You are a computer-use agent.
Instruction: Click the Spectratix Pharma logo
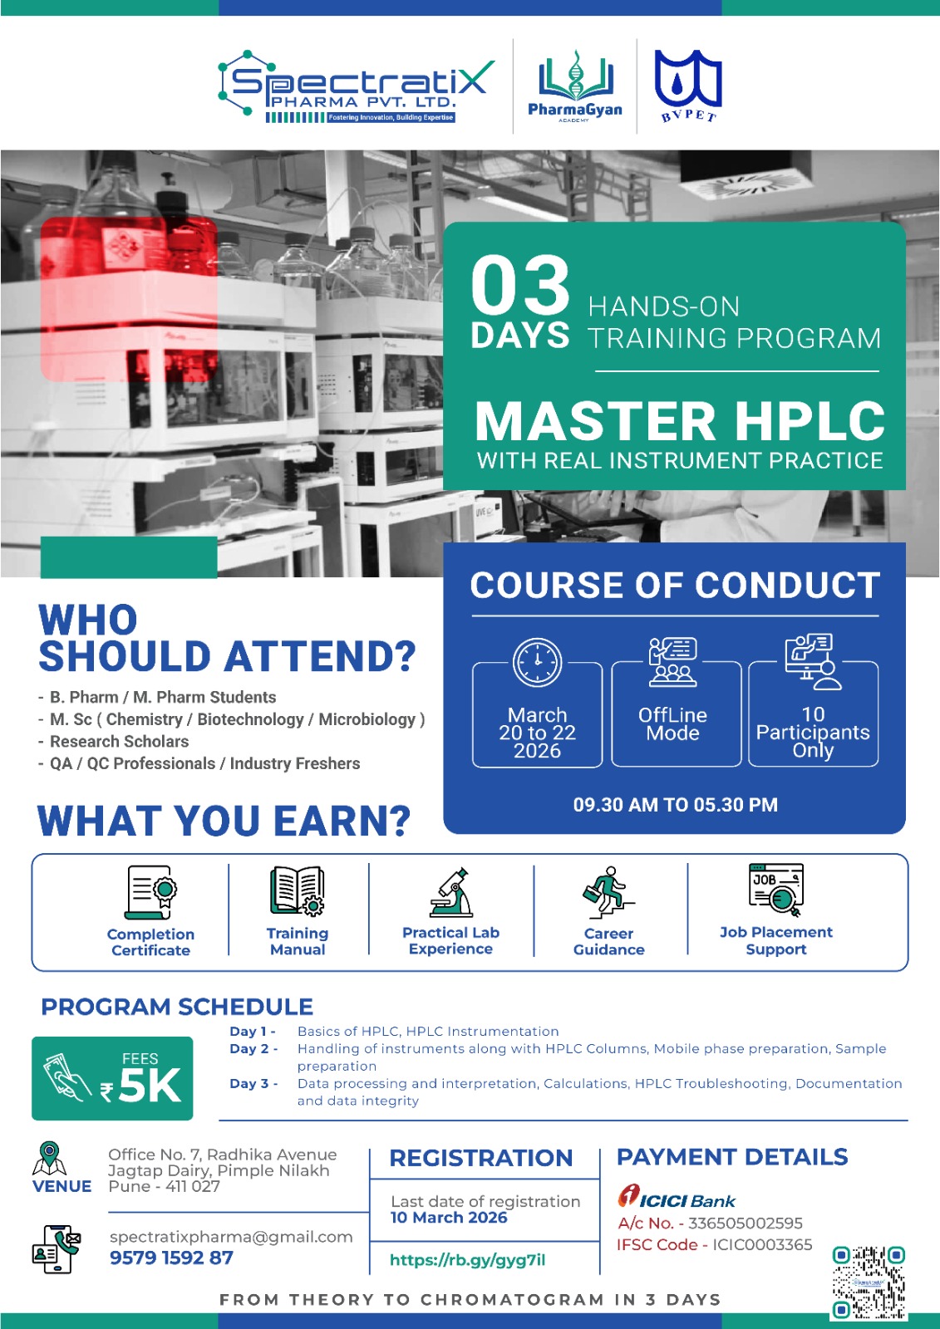coord(356,86)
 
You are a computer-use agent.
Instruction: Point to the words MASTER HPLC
coord(680,420)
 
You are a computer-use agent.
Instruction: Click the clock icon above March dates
coord(537,662)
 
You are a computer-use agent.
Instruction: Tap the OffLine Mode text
coord(672,723)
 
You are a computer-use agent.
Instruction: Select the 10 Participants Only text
coord(813,732)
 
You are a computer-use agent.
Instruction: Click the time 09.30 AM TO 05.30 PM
coord(675,805)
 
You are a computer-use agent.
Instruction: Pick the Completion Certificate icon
coord(150,892)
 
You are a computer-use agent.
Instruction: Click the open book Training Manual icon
coord(297,890)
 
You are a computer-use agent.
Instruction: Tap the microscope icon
coord(450,892)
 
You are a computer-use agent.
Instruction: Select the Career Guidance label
coord(608,942)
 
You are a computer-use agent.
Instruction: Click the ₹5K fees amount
coord(140,1087)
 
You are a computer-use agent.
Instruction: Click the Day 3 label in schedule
coord(253,1083)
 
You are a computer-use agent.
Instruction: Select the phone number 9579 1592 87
coord(171,1258)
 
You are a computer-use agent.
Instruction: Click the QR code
coord(869,1282)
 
